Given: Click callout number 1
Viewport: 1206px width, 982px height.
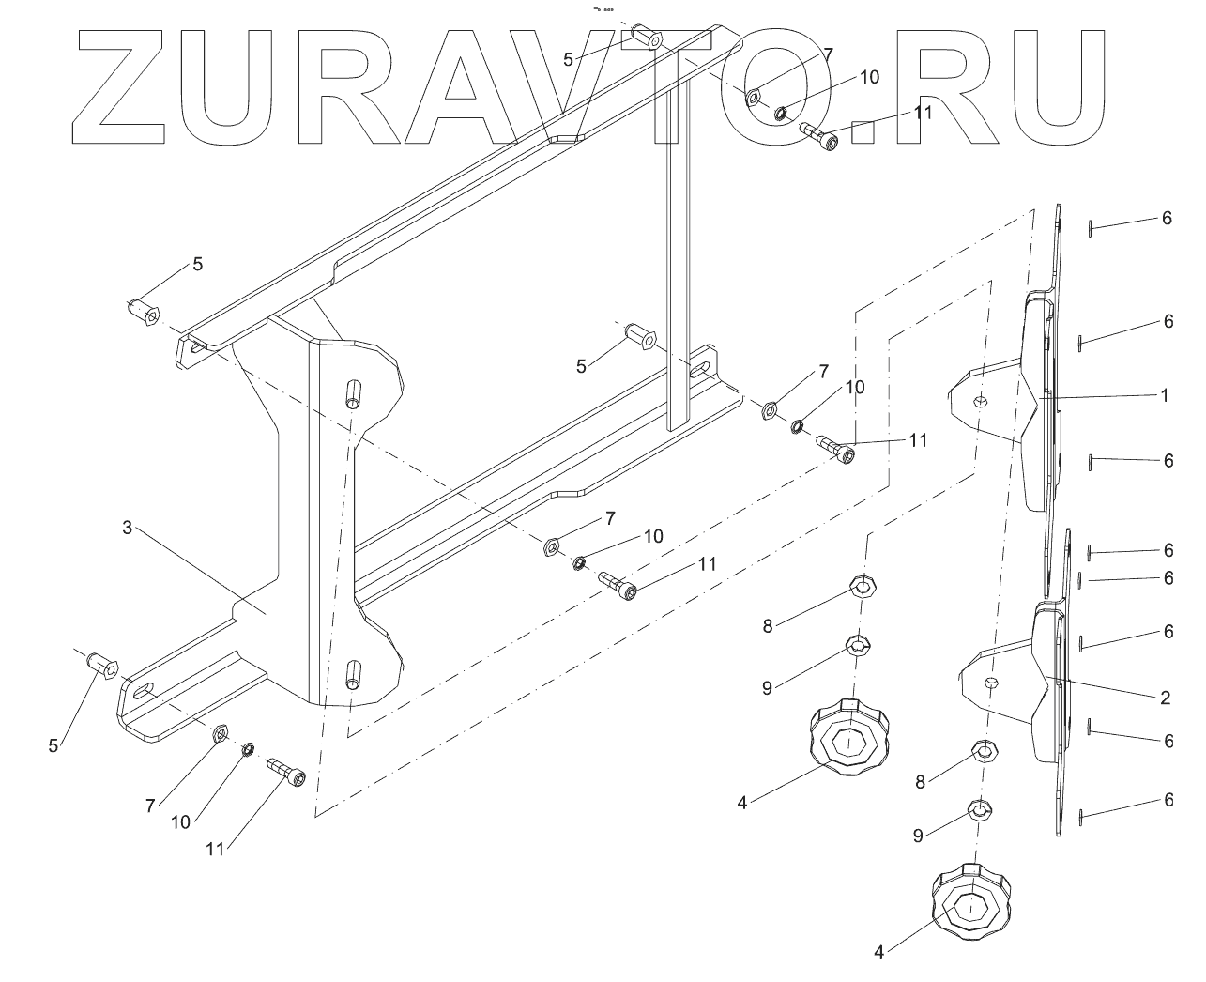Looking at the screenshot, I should coord(1164,396).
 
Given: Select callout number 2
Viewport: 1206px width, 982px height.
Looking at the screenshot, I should coord(1164,698).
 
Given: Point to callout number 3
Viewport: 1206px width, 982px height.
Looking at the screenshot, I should coord(128,528).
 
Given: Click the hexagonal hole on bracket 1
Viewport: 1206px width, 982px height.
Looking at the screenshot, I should coord(980,402).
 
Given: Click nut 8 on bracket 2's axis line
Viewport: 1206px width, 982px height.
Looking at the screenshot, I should coord(984,750).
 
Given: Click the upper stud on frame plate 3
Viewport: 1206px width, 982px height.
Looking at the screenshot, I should coord(354,393).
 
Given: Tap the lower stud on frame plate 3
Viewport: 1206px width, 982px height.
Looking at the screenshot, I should coord(354,675).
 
